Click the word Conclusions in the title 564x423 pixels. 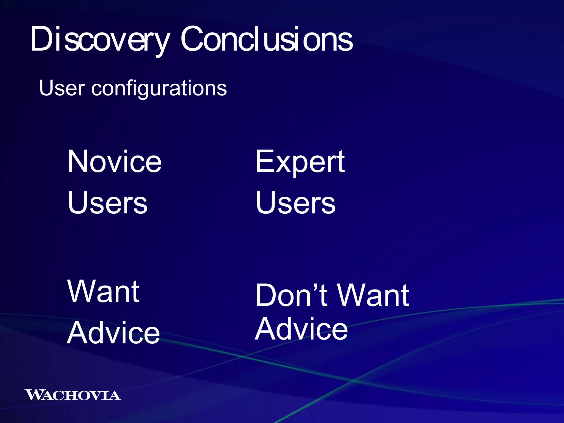pyautogui.click(x=266, y=40)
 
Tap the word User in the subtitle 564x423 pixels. pyautogui.click(x=62, y=88)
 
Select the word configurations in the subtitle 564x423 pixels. pyautogui.click(x=159, y=89)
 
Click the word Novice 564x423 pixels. pyautogui.click(x=114, y=162)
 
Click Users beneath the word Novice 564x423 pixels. pyautogui.click(x=107, y=203)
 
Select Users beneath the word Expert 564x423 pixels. pyautogui.click(x=295, y=203)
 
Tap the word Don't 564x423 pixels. pyautogui.click(x=292, y=295)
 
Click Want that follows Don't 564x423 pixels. pyautogui.click(x=373, y=295)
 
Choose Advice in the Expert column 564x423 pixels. pyautogui.click(x=301, y=329)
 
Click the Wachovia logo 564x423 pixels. pyautogui.click(x=73, y=395)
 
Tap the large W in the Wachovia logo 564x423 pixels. pyautogui.click(x=34, y=395)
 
